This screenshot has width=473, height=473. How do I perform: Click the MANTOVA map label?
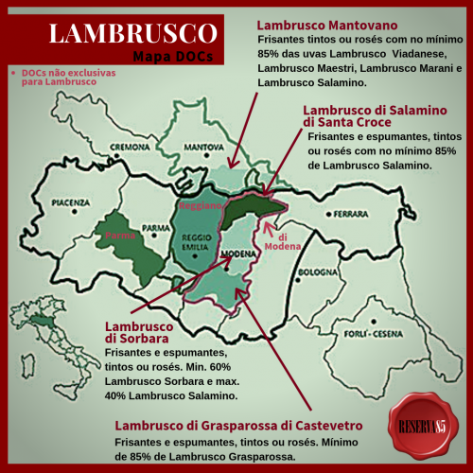[201, 148]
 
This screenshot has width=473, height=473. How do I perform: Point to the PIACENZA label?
[72, 202]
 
